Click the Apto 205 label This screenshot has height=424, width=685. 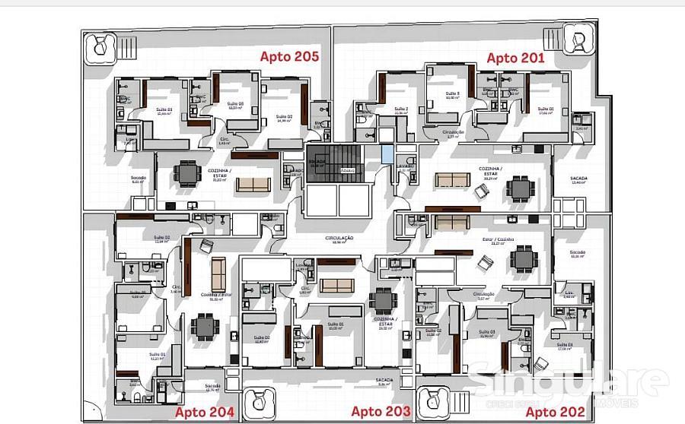289,56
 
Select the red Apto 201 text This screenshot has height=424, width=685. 516,58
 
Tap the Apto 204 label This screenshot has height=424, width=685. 205,413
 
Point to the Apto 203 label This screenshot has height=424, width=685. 381,412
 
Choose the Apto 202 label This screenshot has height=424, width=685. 556,413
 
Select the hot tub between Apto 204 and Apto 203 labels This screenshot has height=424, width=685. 261,403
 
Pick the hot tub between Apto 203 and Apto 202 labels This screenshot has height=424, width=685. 440,402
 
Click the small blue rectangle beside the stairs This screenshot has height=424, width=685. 388,154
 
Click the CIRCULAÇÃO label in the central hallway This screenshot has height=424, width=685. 339,239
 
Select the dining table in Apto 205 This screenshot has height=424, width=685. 187,174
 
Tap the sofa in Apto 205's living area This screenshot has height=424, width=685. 253,184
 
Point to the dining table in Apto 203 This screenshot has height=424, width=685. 383,303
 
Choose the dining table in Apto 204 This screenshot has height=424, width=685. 205,327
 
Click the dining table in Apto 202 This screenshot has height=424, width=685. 523,258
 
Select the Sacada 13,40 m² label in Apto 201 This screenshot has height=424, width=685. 579,181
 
